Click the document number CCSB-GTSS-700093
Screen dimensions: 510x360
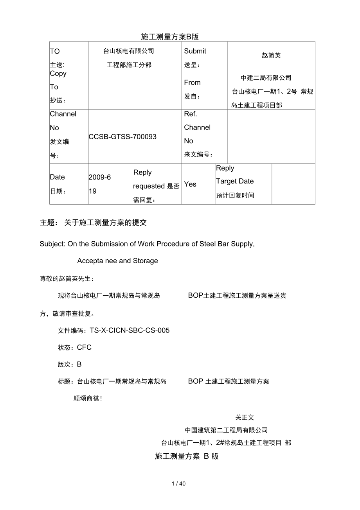click(122, 136)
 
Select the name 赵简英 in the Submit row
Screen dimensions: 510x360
click(271, 56)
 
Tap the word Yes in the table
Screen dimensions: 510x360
click(190, 184)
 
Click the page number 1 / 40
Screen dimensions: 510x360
click(178, 484)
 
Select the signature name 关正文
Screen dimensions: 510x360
click(245, 417)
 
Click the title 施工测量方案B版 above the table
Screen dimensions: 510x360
click(170, 37)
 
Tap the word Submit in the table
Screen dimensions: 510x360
click(195, 51)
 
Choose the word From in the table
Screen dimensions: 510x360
click(192, 83)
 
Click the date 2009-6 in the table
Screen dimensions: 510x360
click(100, 177)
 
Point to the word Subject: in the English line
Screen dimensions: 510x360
click(53, 244)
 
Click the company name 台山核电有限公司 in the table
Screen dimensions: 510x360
click(128, 51)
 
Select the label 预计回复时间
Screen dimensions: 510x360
click(235, 195)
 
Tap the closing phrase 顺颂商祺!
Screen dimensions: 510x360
click(88, 399)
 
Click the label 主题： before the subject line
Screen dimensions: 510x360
click(49, 223)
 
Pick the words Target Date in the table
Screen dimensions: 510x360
click(235, 181)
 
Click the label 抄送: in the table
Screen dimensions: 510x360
click(58, 101)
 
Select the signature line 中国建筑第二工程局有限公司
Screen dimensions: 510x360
click(227, 430)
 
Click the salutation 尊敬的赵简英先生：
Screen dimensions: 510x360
click(67, 279)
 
